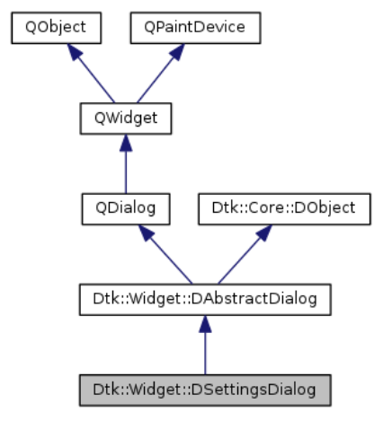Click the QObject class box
[x=57, y=28]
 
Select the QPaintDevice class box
[x=195, y=28]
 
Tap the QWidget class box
[x=126, y=118]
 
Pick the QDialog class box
[x=126, y=209]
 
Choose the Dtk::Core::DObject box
[x=284, y=209]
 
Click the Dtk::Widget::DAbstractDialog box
[x=205, y=300]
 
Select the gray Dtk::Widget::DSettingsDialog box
[x=205, y=390]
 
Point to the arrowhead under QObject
[x=75, y=52]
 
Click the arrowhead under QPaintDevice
[x=177, y=52]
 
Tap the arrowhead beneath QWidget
[x=126, y=143]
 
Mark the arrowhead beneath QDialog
[x=146, y=233]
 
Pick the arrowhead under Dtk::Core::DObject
[x=264, y=233]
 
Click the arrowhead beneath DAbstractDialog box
[x=205, y=324]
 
